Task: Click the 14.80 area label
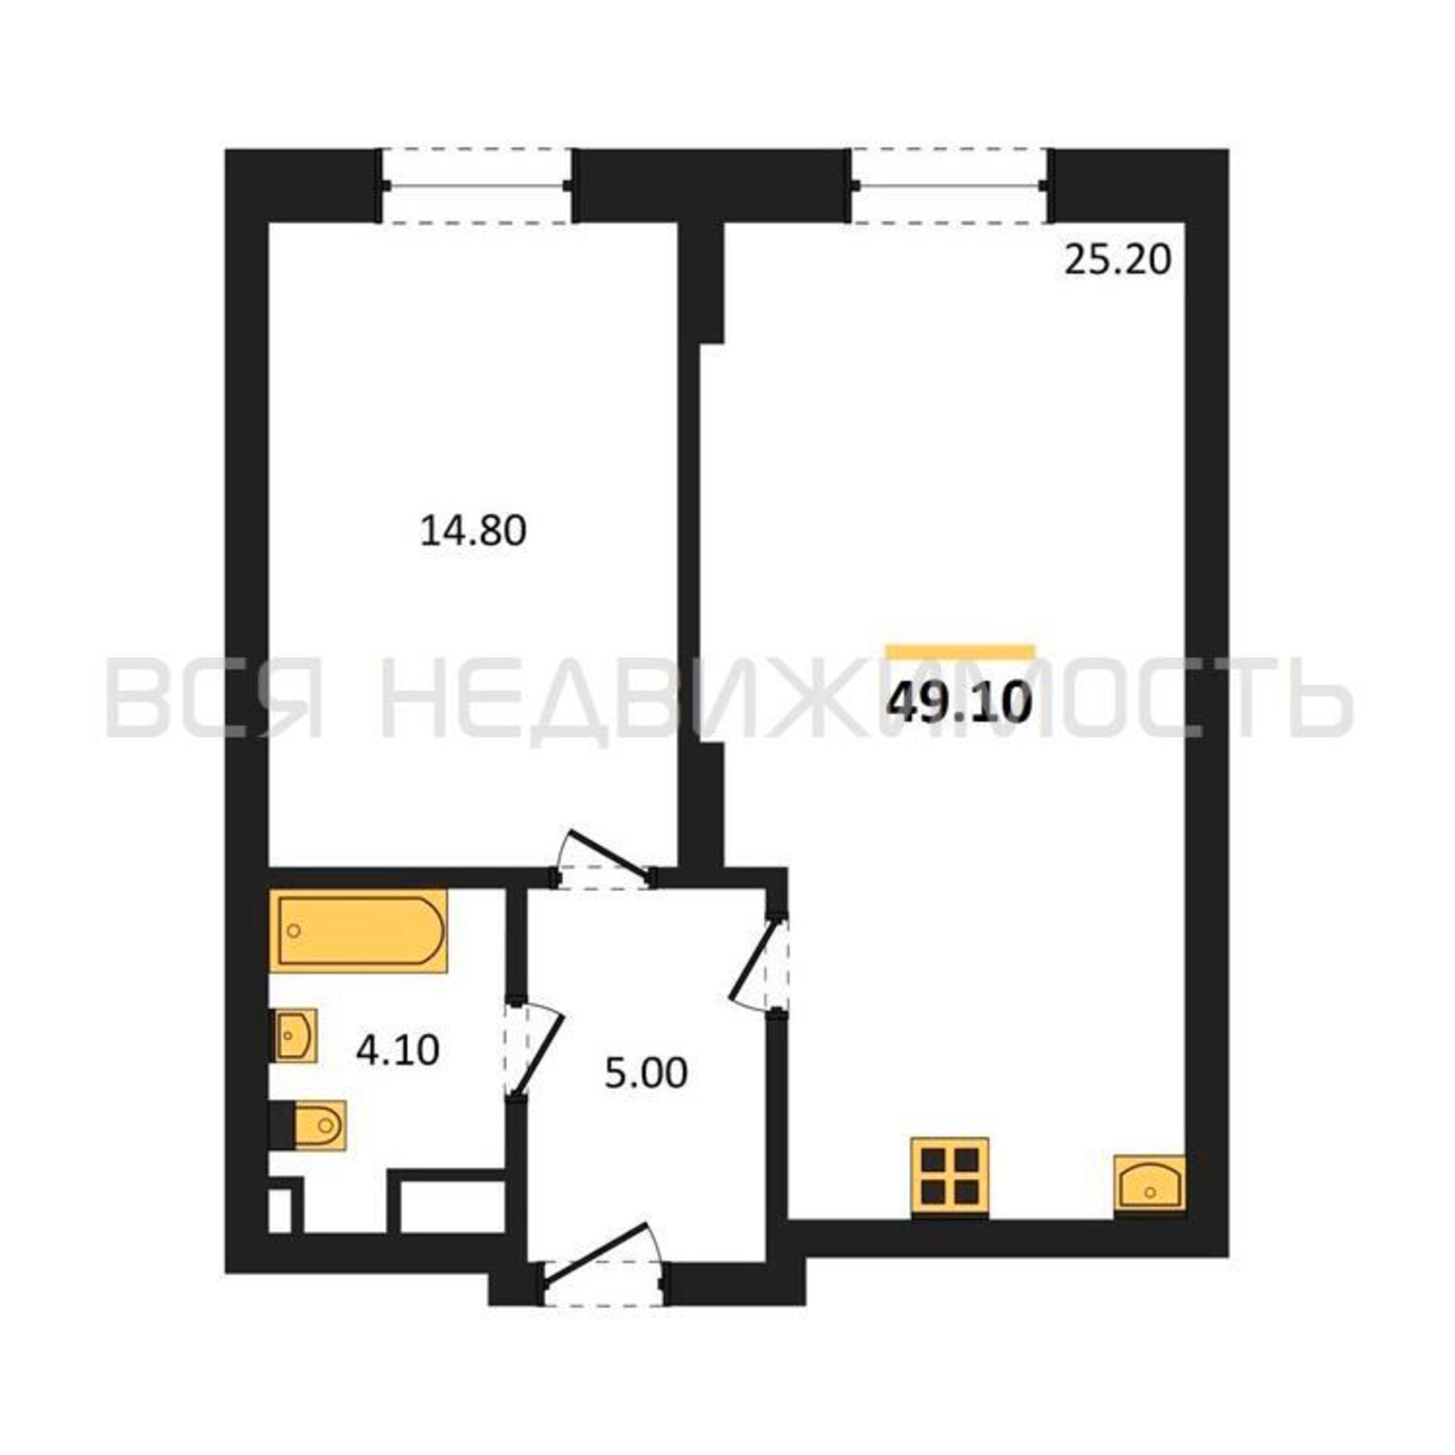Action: pyautogui.click(x=473, y=531)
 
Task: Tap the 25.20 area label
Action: pyautogui.click(x=1117, y=260)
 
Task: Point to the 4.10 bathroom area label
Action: pyautogui.click(x=398, y=1050)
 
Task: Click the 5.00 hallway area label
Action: pyautogui.click(x=646, y=1073)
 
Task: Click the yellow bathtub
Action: pyautogui.click(x=359, y=931)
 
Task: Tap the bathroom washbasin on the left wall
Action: pyautogui.click(x=295, y=1035)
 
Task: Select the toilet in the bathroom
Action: pyautogui.click(x=319, y=1126)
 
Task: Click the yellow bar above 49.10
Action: pyautogui.click(x=960, y=652)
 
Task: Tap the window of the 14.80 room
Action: pyautogui.click(x=476, y=186)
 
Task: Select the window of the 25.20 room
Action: pyautogui.click(x=949, y=186)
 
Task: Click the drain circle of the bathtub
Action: pyautogui.click(x=295, y=931)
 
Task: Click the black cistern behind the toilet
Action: pyautogui.click(x=282, y=1126)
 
